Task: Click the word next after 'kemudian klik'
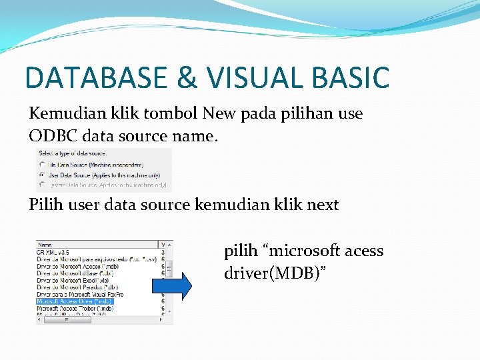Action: (323, 205)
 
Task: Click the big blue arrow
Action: (171, 286)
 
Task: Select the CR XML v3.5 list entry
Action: (52, 251)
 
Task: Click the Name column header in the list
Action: (45, 244)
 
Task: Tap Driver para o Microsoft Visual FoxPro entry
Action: (79, 294)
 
